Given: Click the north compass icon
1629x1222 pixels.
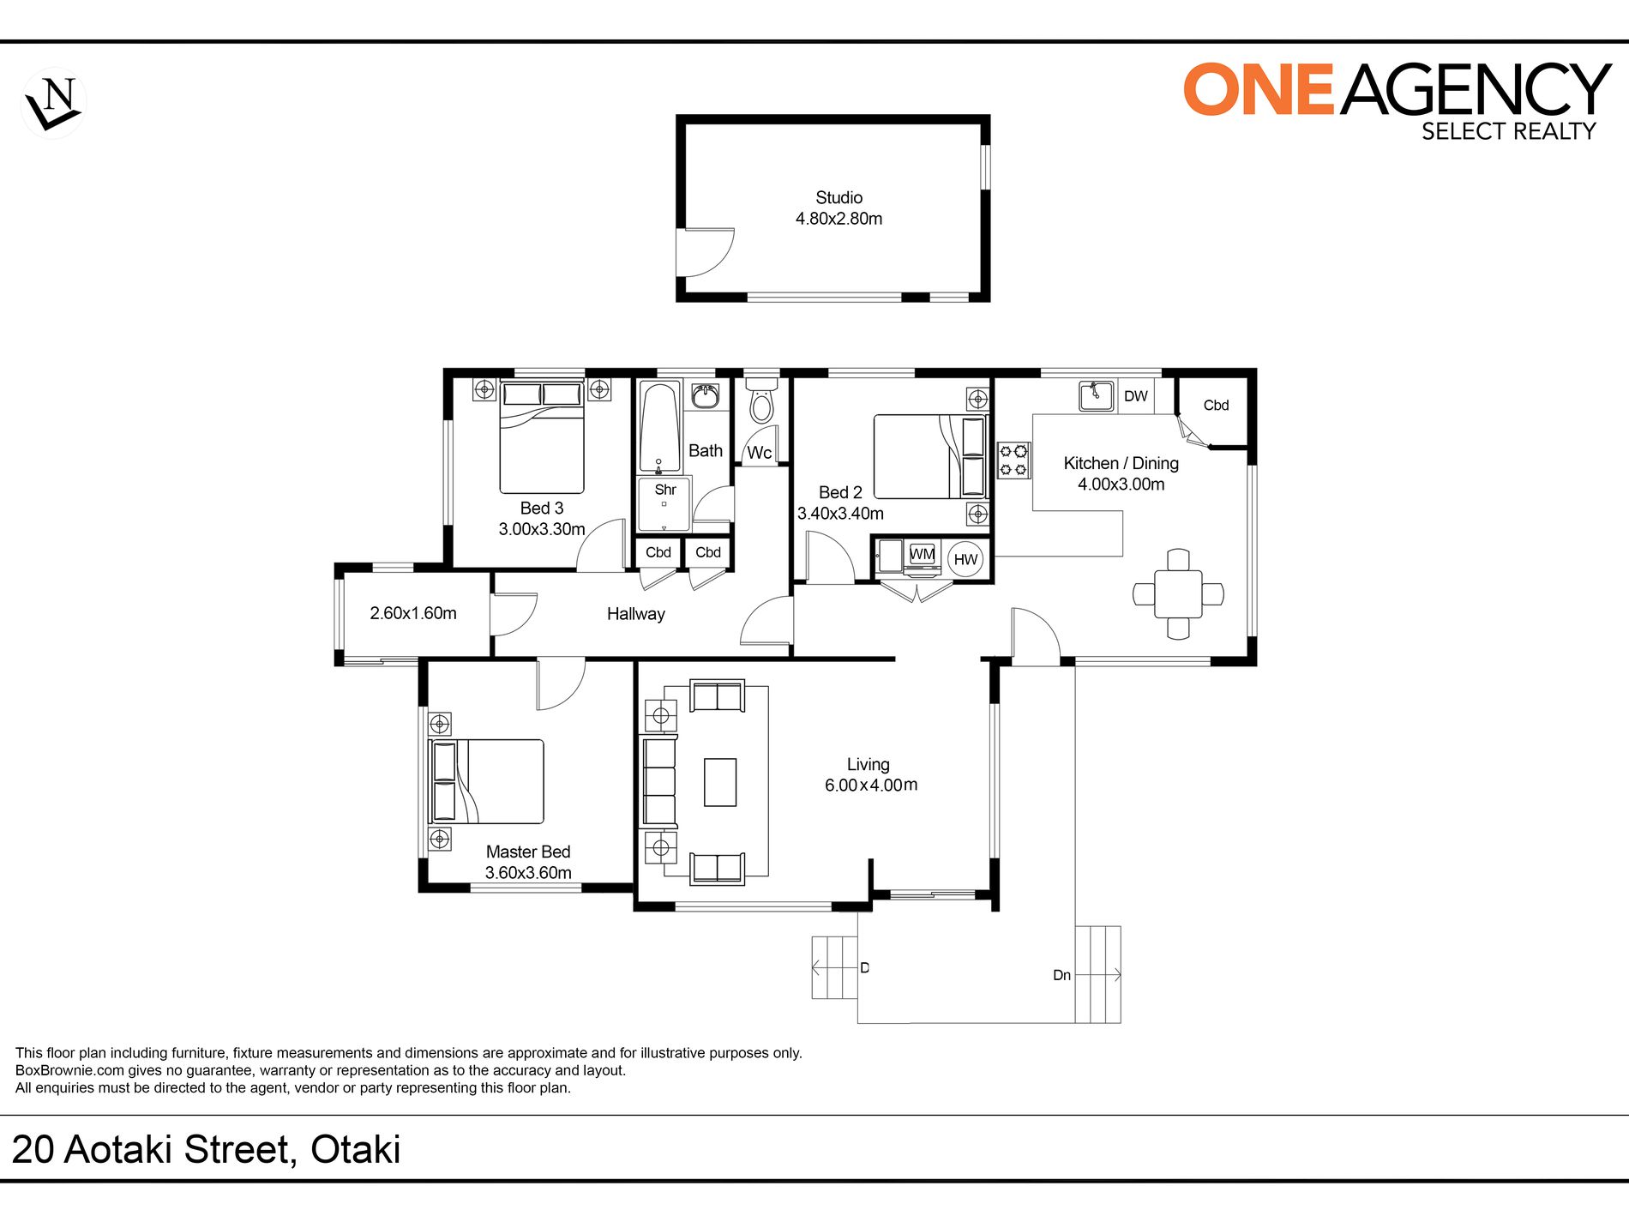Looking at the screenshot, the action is (53, 103).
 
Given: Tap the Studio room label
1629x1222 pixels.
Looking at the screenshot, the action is (839, 197).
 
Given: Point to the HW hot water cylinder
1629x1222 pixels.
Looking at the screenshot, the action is (965, 559).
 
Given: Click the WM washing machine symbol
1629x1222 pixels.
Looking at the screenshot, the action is (922, 555).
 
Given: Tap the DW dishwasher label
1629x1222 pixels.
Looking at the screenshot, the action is (1135, 396).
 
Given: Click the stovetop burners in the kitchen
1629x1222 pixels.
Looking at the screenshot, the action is (1013, 460).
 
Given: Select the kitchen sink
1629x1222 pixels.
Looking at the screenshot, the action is (1097, 396).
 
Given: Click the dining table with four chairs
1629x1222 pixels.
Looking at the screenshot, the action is (1178, 593).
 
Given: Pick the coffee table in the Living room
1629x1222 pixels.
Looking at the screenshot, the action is (720, 782).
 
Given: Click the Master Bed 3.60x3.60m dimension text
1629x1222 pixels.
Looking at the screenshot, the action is (528, 873).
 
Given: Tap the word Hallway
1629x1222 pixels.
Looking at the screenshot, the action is (635, 614).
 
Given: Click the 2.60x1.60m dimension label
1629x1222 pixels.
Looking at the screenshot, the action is (413, 613).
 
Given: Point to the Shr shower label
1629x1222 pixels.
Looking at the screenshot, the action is (665, 490).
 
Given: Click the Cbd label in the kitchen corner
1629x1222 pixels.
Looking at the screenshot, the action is (1216, 405).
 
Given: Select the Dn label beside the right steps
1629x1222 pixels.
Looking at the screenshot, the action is (1061, 975).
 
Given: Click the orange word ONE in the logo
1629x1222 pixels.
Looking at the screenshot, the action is (1259, 89).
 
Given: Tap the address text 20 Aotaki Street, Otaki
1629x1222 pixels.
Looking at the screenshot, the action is (206, 1150).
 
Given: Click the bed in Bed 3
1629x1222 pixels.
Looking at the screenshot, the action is (542, 437).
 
